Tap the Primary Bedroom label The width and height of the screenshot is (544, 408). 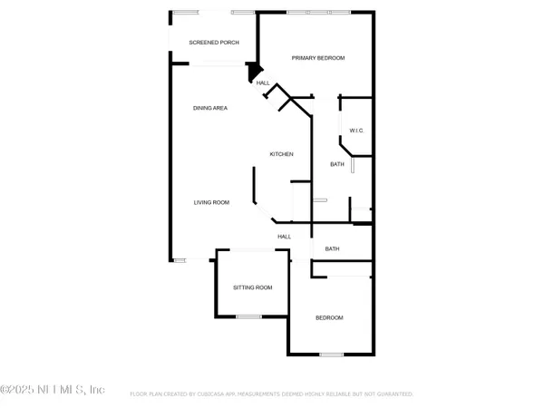(x=318, y=58)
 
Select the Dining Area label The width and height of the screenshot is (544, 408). (x=209, y=108)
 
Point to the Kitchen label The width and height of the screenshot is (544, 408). (x=281, y=155)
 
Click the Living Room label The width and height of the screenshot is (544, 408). (x=210, y=202)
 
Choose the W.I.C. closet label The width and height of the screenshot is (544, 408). (x=356, y=131)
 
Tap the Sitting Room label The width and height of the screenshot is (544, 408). (x=252, y=287)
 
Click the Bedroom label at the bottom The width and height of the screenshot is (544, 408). (x=329, y=317)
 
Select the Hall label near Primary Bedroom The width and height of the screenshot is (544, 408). (x=263, y=83)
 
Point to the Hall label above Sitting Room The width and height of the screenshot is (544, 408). (x=284, y=237)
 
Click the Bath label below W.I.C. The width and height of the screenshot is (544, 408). (x=336, y=164)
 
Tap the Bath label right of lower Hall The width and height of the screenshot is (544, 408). (x=332, y=248)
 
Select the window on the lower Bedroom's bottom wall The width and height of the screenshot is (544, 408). (x=331, y=354)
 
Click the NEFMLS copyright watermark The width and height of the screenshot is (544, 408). (x=53, y=390)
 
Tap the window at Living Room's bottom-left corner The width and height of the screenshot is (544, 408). (x=180, y=260)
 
